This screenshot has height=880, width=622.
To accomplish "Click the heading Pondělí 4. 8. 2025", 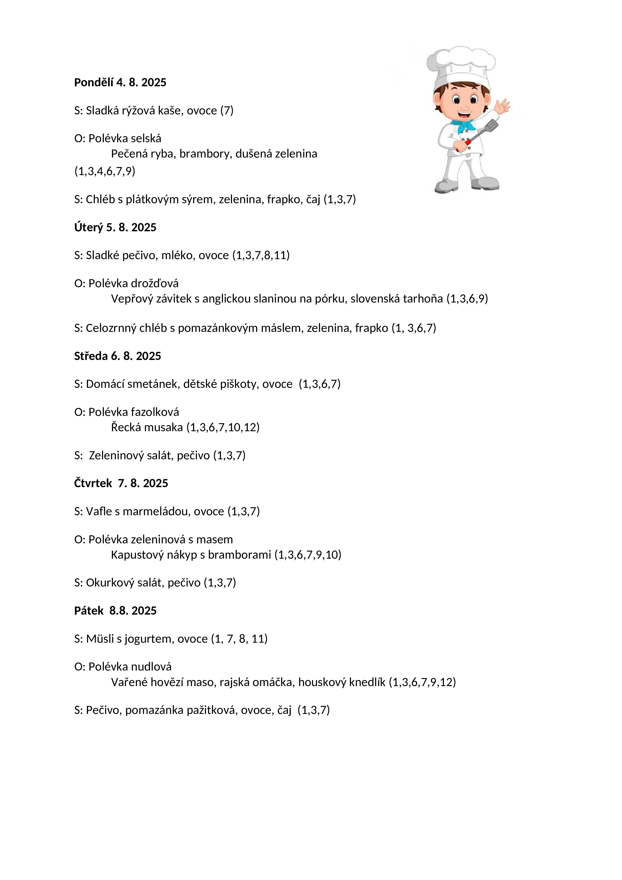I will coord(120,82).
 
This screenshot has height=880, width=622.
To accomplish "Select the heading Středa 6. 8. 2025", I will coord(117,356).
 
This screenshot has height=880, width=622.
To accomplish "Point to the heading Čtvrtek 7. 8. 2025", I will coord(121,483).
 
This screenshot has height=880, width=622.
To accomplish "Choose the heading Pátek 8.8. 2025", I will coord(115,611).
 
